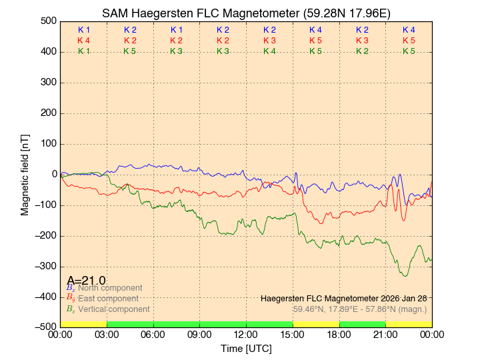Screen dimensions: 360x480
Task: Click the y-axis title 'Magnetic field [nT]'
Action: point(25,173)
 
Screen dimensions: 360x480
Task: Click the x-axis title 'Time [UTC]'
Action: point(246,349)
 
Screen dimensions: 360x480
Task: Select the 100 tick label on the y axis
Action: point(47,143)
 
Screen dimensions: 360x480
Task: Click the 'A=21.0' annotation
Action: point(86,281)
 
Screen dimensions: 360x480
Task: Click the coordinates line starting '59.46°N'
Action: point(360,309)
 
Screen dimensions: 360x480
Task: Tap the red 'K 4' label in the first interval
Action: point(84,41)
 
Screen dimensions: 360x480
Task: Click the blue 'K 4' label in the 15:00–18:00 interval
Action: point(316,30)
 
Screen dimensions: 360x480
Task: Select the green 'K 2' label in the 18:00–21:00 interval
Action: point(362,51)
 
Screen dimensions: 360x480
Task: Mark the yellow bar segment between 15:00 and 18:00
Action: point(316,324)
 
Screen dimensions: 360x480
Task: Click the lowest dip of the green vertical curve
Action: point(405,276)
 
